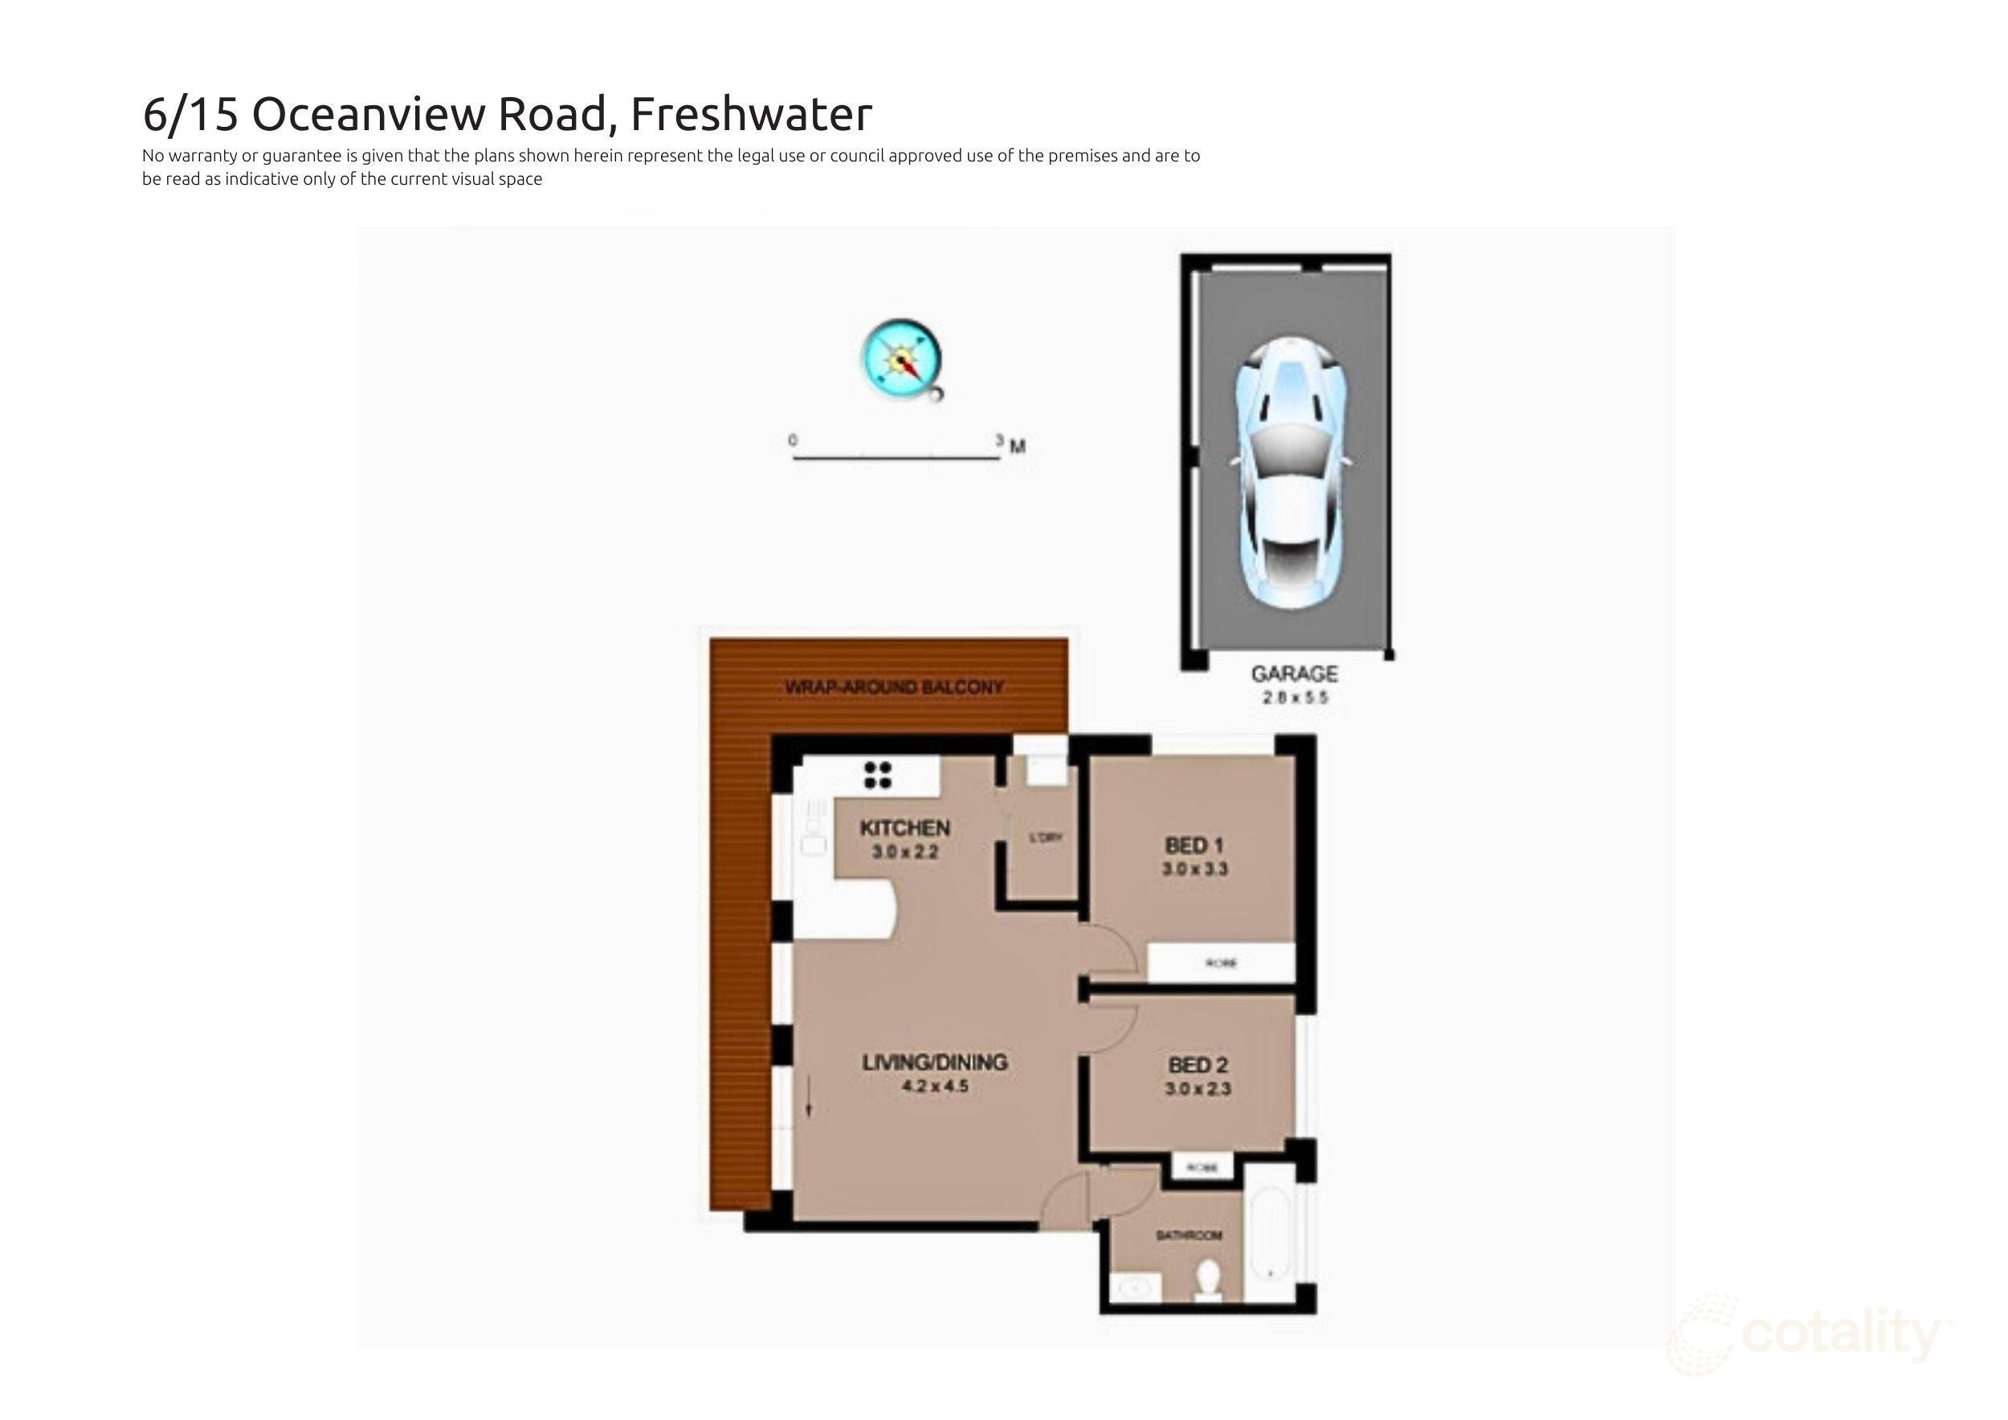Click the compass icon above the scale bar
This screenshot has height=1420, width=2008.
click(902, 359)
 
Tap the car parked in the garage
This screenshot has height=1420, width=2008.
click(1292, 472)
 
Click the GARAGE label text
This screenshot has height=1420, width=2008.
click(1294, 674)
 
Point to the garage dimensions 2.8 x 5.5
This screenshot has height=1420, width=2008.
click(1294, 698)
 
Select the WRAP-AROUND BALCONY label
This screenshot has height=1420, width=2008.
click(894, 688)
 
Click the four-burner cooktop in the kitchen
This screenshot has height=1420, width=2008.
click(877, 775)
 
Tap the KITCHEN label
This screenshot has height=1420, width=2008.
click(904, 828)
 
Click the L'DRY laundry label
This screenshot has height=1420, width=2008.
click(1045, 838)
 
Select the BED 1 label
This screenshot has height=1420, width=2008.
click(1194, 846)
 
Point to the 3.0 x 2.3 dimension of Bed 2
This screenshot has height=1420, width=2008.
click(1198, 1089)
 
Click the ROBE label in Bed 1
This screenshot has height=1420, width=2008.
click(1221, 964)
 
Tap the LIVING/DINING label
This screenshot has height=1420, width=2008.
click(935, 1063)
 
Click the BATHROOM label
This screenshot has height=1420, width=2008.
click(1189, 1235)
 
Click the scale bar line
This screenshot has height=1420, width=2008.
click(896, 457)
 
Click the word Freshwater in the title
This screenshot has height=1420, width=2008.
click(750, 114)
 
